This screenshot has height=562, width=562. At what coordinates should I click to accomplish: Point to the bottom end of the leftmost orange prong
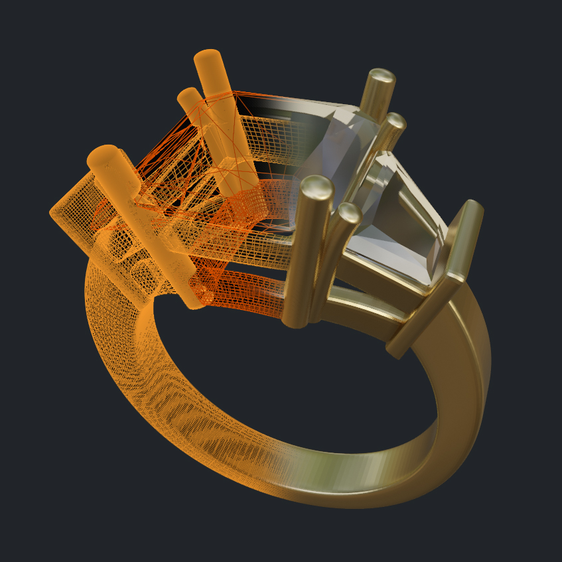click(x=192, y=302)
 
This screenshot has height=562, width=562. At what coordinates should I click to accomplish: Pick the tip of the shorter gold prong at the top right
click(x=395, y=122)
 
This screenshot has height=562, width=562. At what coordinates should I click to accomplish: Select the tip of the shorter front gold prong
click(x=348, y=214)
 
